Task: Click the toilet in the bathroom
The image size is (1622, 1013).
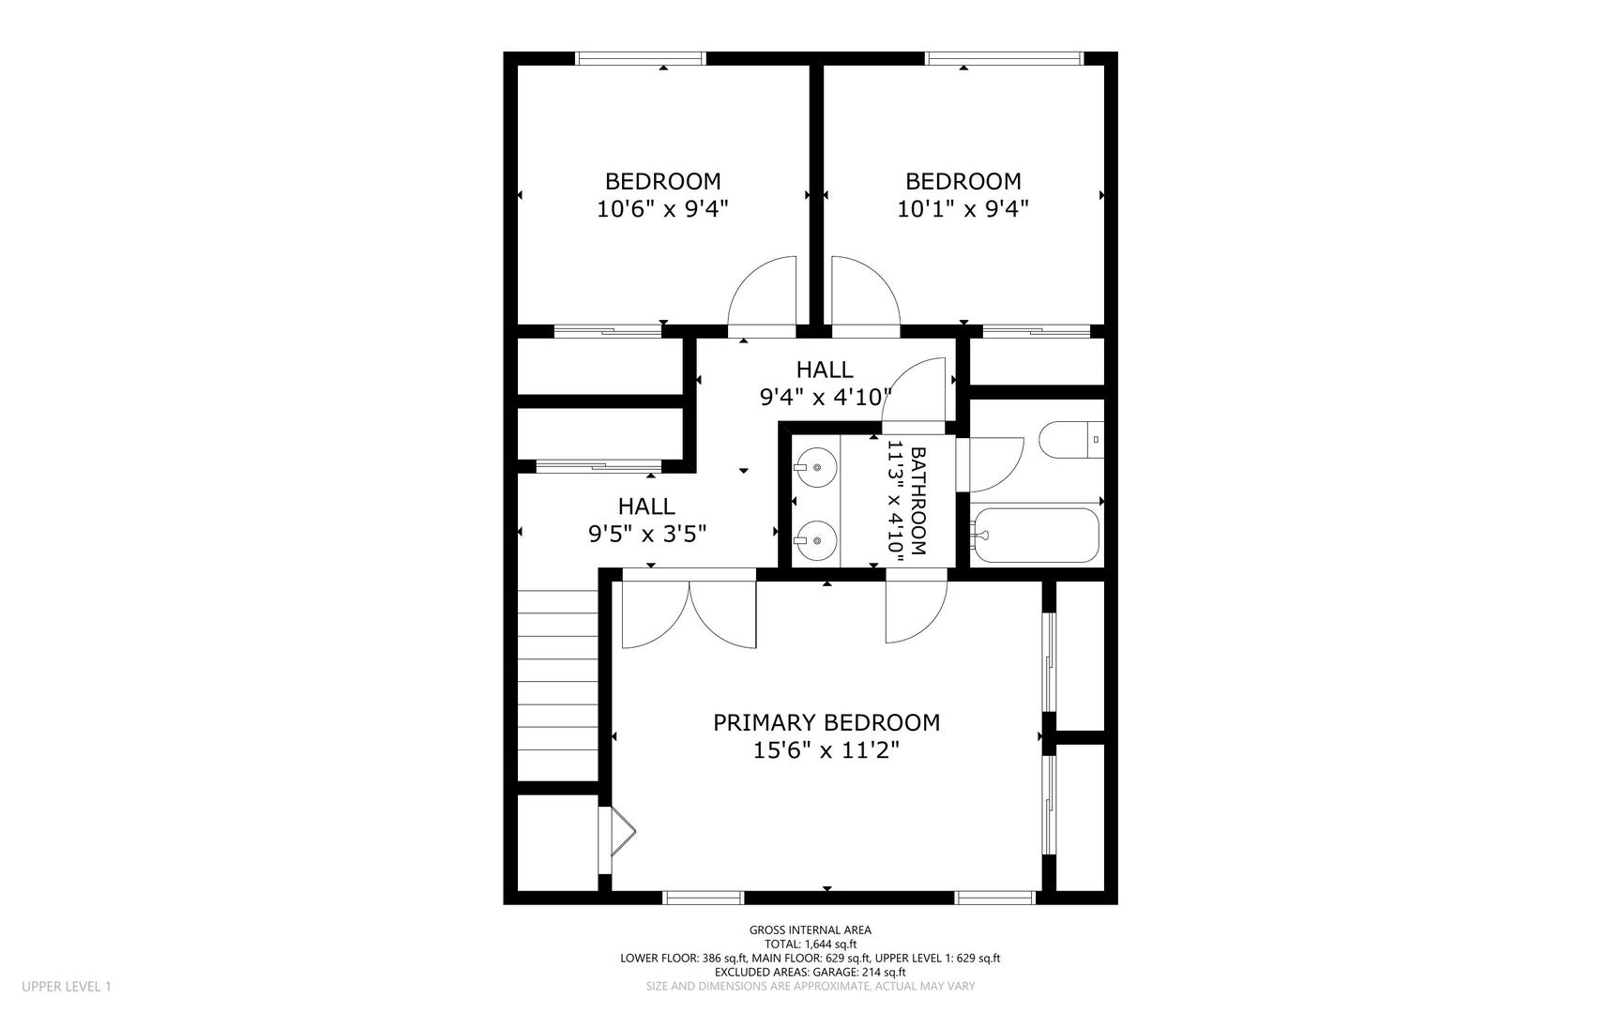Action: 1070,440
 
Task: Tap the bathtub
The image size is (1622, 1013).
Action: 1035,536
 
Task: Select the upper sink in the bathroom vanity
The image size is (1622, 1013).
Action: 814,465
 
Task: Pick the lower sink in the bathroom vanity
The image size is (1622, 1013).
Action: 814,540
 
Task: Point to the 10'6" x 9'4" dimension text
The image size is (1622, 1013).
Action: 662,208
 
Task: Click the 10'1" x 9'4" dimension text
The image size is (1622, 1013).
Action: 963,208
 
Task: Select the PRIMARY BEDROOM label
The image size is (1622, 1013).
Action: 826,722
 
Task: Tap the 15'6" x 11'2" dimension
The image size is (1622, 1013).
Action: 826,750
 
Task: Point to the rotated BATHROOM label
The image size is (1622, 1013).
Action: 918,502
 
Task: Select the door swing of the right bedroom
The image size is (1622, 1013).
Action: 865,295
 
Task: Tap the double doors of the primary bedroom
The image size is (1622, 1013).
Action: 690,614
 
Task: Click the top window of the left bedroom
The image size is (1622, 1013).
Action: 641,58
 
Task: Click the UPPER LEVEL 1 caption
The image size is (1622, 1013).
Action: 67,986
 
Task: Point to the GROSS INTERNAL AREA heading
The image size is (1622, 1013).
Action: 811,930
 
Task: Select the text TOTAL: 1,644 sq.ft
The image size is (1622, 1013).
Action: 811,945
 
